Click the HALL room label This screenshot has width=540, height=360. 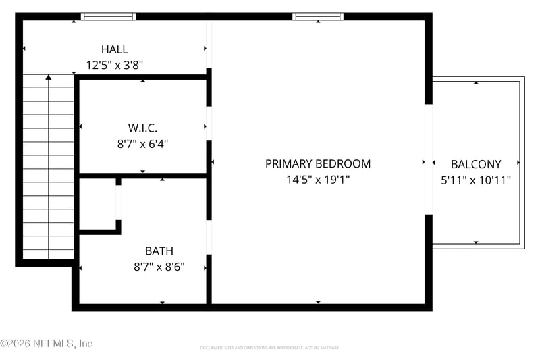[114, 49]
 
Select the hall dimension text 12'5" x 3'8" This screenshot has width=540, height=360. [114, 66]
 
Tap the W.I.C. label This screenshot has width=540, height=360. [142, 127]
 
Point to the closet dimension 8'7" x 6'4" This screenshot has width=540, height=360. [142, 143]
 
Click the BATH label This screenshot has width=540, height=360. [159, 251]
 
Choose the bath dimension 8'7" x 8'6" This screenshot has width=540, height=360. [159, 267]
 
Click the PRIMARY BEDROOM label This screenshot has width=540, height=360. [317, 163]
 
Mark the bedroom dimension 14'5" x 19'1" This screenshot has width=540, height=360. [317, 180]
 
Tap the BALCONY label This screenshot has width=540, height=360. [476, 164]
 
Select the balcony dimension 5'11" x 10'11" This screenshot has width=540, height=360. [476, 180]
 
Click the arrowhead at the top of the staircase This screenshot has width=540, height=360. [48, 78]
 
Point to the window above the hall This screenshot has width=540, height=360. [108, 17]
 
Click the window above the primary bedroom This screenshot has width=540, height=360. [318, 17]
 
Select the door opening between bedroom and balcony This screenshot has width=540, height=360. [428, 159]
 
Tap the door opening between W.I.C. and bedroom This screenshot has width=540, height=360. [209, 124]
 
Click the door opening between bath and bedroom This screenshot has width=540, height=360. [209, 237]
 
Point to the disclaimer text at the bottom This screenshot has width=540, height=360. [269, 348]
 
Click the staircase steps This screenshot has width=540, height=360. [48, 169]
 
